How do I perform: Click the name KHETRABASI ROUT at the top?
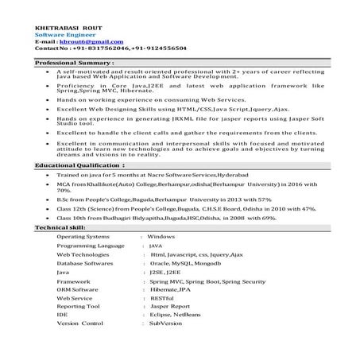[64, 28]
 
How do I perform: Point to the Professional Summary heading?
[75, 62]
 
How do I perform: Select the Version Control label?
[81, 323]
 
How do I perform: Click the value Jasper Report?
[169, 306]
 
